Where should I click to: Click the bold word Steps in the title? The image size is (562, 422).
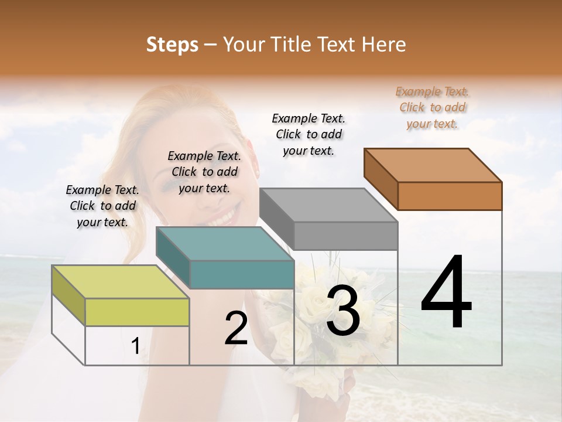172,45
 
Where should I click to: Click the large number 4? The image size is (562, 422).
446,293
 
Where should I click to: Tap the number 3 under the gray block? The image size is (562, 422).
343,311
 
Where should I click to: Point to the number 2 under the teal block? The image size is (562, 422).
237,328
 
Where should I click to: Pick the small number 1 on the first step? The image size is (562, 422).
135,346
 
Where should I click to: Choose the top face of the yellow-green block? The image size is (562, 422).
121,282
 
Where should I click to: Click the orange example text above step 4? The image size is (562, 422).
433,108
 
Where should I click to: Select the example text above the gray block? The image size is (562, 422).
309,134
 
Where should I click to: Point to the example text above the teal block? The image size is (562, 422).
204,172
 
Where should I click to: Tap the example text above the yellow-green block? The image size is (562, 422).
102,206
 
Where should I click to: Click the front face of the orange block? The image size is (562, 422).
450,196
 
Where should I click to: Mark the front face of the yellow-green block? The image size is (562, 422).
137,312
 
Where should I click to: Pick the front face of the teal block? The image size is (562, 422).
241,274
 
